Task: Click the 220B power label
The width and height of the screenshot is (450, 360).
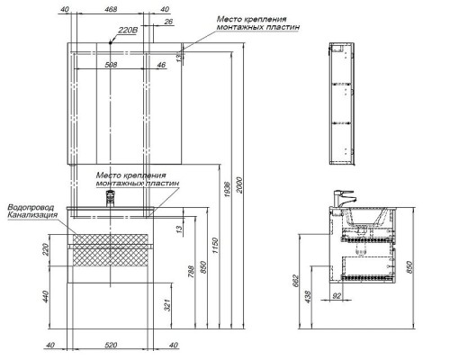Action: point(128,31)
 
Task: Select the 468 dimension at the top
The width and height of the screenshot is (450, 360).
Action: point(111,9)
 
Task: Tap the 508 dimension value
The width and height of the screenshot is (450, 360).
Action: point(111,65)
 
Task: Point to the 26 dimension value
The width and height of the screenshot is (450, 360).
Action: point(169,22)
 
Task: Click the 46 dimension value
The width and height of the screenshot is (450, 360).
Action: point(161,65)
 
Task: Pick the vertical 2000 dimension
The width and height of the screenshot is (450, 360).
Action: point(238,185)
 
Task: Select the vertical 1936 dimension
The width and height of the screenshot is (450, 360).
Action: point(227,189)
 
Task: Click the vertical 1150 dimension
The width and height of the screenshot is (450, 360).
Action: point(215,246)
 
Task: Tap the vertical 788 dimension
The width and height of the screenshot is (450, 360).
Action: point(191,271)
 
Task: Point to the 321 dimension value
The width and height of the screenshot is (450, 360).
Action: point(167,305)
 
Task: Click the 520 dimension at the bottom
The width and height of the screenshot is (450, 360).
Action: point(111,345)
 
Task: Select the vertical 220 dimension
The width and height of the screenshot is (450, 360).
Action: point(45,249)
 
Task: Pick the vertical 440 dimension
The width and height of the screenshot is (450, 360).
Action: point(45,296)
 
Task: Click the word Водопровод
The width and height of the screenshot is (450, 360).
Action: point(31,207)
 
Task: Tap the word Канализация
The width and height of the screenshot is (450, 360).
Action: point(32,215)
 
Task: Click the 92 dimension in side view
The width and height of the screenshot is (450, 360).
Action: point(337,296)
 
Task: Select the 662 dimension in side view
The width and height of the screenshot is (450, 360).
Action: point(295,281)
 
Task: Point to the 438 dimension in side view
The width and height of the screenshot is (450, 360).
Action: point(308,296)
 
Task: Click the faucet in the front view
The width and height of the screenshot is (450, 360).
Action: point(111,198)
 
